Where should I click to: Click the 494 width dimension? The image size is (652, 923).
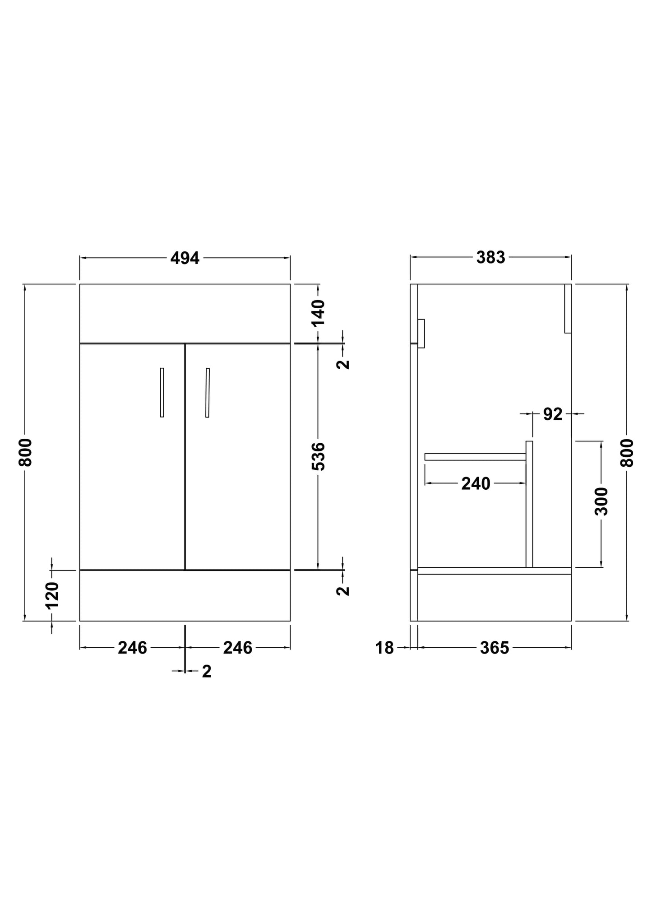(x=185, y=258)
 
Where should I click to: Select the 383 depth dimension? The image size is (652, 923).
(x=490, y=258)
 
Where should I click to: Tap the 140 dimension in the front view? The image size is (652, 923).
(x=318, y=312)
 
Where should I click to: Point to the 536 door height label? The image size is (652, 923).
(x=318, y=456)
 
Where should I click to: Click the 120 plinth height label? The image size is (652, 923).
(x=52, y=595)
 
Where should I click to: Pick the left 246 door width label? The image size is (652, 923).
(x=132, y=648)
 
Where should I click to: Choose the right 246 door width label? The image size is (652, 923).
(x=237, y=648)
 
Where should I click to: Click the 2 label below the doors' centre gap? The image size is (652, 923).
(x=207, y=672)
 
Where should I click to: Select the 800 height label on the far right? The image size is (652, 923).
(x=627, y=453)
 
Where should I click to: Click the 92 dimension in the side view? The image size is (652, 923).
(x=552, y=414)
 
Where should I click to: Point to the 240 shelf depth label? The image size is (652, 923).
(x=476, y=484)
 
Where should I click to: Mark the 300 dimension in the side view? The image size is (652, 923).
(x=601, y=501)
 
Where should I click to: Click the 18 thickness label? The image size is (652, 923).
(x=384, y=648)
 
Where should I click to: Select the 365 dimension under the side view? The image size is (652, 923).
(x=495, y=648)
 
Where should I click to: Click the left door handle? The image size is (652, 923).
(x=162, y=392)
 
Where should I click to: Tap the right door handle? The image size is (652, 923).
(x=208, y=392)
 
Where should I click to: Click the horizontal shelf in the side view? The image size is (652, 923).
(x=475, y=457)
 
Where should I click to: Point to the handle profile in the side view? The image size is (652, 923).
(x=421, y=334)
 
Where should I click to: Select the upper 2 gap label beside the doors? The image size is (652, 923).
(x=344, y=364)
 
